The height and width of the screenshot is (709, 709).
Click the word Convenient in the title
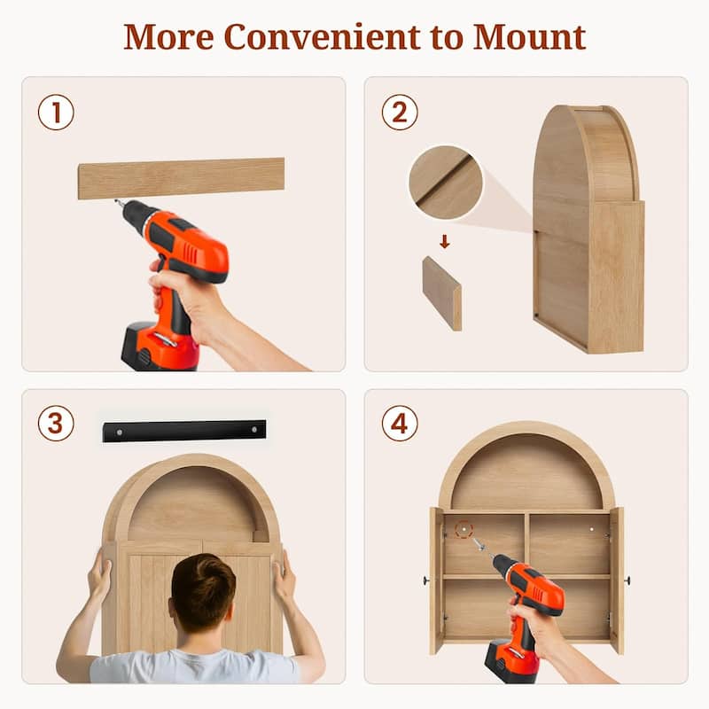click(x=322, y=37)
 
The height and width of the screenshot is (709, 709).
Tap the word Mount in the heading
click(x=529, y=37)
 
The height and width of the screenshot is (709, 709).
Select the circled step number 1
click(x=56, y=113)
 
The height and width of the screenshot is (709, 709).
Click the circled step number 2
click(x=400, y=113)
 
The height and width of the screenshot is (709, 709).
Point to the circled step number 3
click(x=56, y=424)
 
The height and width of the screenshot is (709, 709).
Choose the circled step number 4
click(x=400, y=424)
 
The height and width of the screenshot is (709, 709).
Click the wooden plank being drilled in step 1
click(x=181, y=178)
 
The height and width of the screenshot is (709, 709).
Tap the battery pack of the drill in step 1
click(x=159, y=347)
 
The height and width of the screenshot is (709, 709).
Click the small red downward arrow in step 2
click(x=445, y=241)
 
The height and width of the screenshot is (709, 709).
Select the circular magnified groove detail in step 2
click(x=446, y=183)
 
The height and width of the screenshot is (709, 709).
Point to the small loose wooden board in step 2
click(x=442, y=294)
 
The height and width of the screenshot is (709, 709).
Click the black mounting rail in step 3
click(x=184, y=431)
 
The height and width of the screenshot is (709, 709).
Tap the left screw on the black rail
click(x=120, y=432)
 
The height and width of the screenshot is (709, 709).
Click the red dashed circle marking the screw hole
click(x=464, y=529)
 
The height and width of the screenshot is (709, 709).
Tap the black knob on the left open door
click(x=426, y=580)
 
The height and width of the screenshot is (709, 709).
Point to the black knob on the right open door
click(x=627, y=580)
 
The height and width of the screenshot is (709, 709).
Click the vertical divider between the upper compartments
click(x=526, y=543)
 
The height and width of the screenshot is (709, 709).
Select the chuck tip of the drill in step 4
click(x=477, y=541)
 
